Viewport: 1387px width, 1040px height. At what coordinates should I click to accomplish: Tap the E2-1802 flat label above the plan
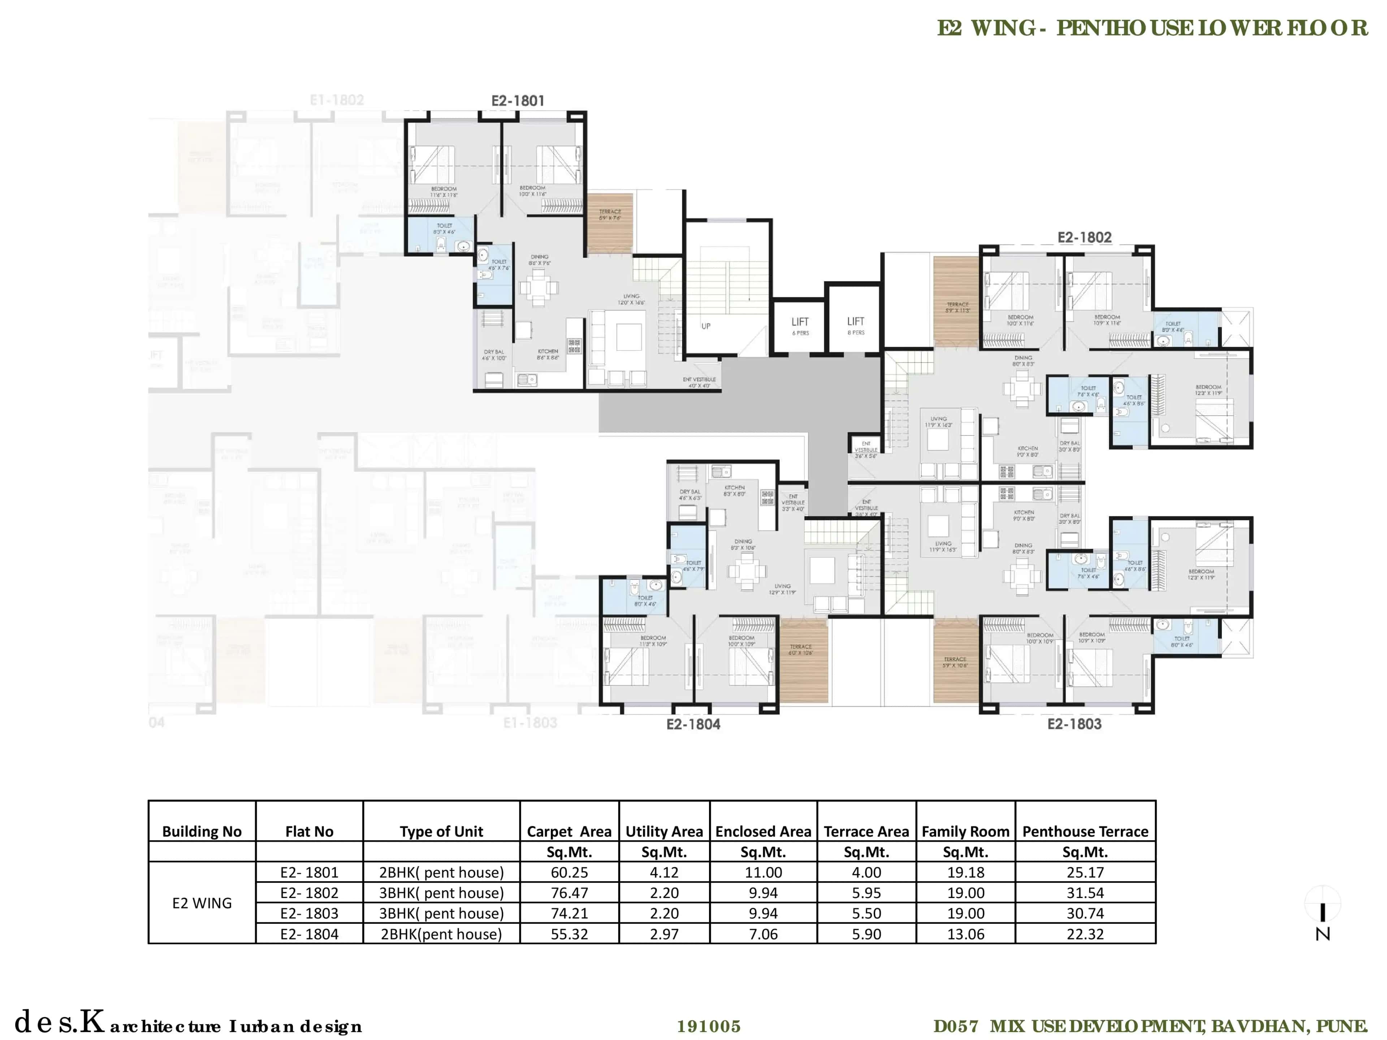click(x=1084, y=238)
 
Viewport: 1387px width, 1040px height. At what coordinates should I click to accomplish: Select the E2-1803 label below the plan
click(x=1074, y=724)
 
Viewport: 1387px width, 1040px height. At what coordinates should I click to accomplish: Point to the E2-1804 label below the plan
click(x=693, y=725)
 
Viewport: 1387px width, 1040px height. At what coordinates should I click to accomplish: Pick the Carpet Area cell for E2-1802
click(x=569, y=893)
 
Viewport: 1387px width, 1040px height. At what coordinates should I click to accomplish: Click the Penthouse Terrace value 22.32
click(x=1085, y=934)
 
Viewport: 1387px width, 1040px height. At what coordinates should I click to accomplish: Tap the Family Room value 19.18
click(x=965, y=872)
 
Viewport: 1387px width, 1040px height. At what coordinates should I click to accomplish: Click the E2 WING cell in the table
click(x=202, y=903)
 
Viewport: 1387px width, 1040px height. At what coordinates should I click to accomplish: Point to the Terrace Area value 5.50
click(x=866, y=913)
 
